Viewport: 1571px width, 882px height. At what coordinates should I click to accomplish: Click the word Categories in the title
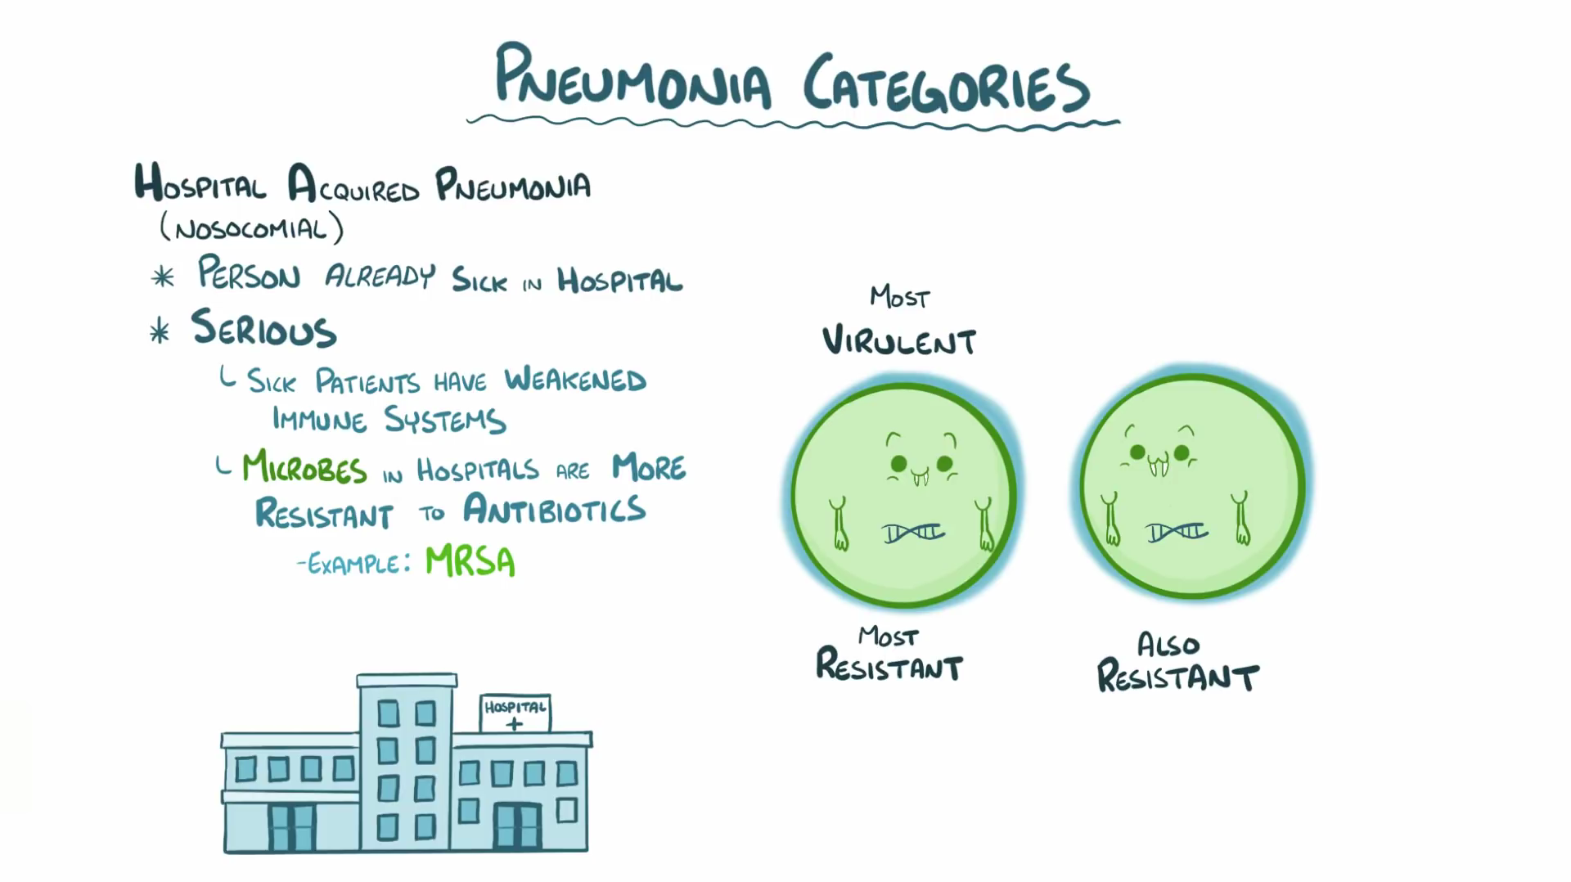pyautogui.click(x=946, y=84)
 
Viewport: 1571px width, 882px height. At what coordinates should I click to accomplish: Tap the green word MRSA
pyautogui.click(x=470, y=562)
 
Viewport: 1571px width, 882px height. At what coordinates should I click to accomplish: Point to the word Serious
pyautogui.click(x=263, y=328)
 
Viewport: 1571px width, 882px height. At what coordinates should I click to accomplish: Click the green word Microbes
pyautogui.click(x=304, y=468)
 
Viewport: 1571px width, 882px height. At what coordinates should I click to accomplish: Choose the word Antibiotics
pyautogui.click(x=555, y=510)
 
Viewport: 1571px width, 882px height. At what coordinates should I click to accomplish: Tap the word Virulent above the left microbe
pyautogui.click(x=899, y=340)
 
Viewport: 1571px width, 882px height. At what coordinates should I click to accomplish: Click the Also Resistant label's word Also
pyautogui.click(x=1168, y=645)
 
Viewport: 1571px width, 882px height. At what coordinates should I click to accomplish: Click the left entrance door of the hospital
pyautogui.click(x=291, y=827)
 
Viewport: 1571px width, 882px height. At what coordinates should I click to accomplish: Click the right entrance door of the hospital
pyautogui.click(x=516, y=826)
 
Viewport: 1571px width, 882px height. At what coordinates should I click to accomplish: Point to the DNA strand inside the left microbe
pyautogui.click(x=913, y=533)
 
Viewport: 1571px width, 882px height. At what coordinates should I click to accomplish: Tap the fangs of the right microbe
pyautogui.click(x=1159, y=468)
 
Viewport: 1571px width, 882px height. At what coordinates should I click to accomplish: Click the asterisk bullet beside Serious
pyautogui.click(x=160, y=332)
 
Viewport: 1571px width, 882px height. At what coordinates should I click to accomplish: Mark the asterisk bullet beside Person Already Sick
pyautogui.click(x=163, y=277)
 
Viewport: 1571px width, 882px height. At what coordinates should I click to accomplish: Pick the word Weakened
pyautogui.click(x=575, y=380)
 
